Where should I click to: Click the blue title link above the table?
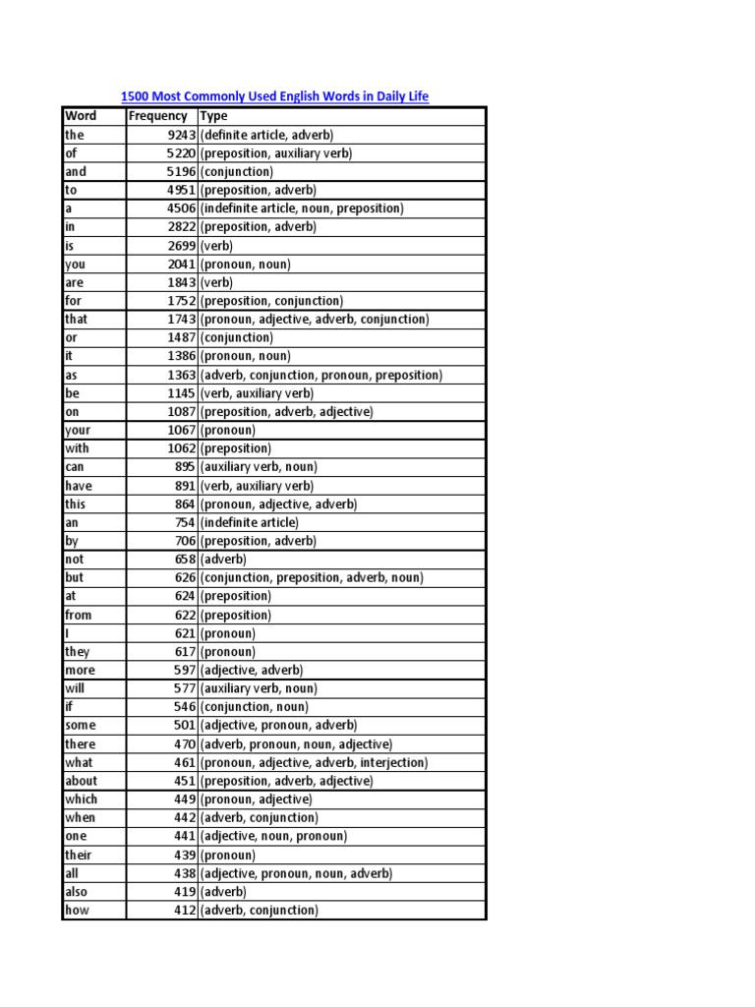[x=274, y=96]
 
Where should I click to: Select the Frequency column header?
[x=157, y=116]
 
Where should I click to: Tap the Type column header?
[x=213, y=116]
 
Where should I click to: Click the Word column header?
[x=81, y=116]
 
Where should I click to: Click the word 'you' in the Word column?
[x=76, y=264]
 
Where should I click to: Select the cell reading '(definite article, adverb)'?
[x=266, y=135]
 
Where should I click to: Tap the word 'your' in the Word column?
[x=78, y=430]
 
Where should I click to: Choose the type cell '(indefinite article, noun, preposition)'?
[x=302, y=208]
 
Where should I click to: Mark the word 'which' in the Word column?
[x=81, y=800]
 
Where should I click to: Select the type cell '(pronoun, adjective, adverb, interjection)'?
[x=314, y=762]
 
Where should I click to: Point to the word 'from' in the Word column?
[x=79, y=615]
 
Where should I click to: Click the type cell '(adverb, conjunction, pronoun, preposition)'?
[x=321, y=375]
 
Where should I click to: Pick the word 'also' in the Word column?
[x=77, y=892]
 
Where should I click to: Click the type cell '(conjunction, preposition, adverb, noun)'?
[x=312, y=578]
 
